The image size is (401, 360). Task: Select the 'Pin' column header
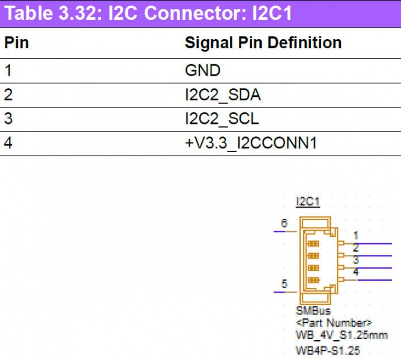coord(17,43)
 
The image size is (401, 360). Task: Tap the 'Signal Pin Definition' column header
coord(263,43)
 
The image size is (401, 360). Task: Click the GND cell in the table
coord(202,70)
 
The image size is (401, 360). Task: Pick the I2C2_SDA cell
coord(223,95)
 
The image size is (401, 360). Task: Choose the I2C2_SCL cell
coord(222,119)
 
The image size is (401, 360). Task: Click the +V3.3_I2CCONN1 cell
coord(250,144)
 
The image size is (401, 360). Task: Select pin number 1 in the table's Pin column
coord(8,70)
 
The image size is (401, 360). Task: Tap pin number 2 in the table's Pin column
coord(8,95)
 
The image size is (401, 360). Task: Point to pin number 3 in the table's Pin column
coord(8,119)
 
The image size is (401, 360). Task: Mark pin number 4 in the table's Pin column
coord(8,144)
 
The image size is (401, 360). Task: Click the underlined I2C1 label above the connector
coord(308,202)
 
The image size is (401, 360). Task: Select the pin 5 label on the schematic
coord(284,284)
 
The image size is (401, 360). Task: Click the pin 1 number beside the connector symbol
coord(356,235)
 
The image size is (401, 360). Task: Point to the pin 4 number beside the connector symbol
coord(356,272)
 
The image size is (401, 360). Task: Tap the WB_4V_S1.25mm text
coord(341,335)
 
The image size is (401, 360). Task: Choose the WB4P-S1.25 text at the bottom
coord(328,349)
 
